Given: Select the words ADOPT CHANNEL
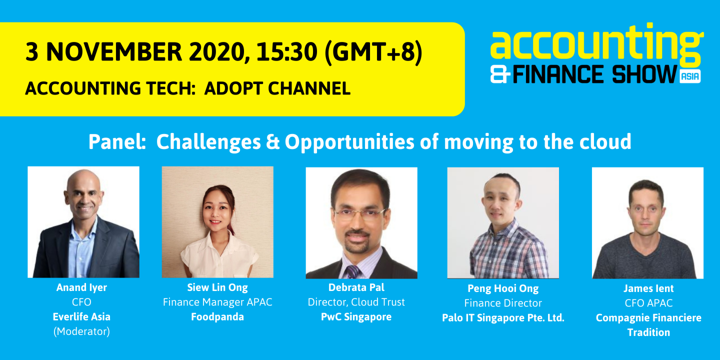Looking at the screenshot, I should (277, 88).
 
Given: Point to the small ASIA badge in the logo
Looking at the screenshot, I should (690, 76).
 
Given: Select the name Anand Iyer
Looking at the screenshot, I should (81, 287).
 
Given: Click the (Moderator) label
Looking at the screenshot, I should (81, 331).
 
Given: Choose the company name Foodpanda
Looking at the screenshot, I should (217, 317).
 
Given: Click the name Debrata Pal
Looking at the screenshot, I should (356, 287).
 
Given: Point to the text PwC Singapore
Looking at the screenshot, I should (356, 317).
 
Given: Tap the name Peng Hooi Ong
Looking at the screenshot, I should (503, 288).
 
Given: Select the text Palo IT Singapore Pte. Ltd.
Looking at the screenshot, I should (503, 318).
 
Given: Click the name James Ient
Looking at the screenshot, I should (648, 288).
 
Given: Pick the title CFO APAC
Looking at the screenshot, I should (648, 303).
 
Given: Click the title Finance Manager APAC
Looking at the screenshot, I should (217, 302).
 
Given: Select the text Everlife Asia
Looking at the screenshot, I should (81, 317).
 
